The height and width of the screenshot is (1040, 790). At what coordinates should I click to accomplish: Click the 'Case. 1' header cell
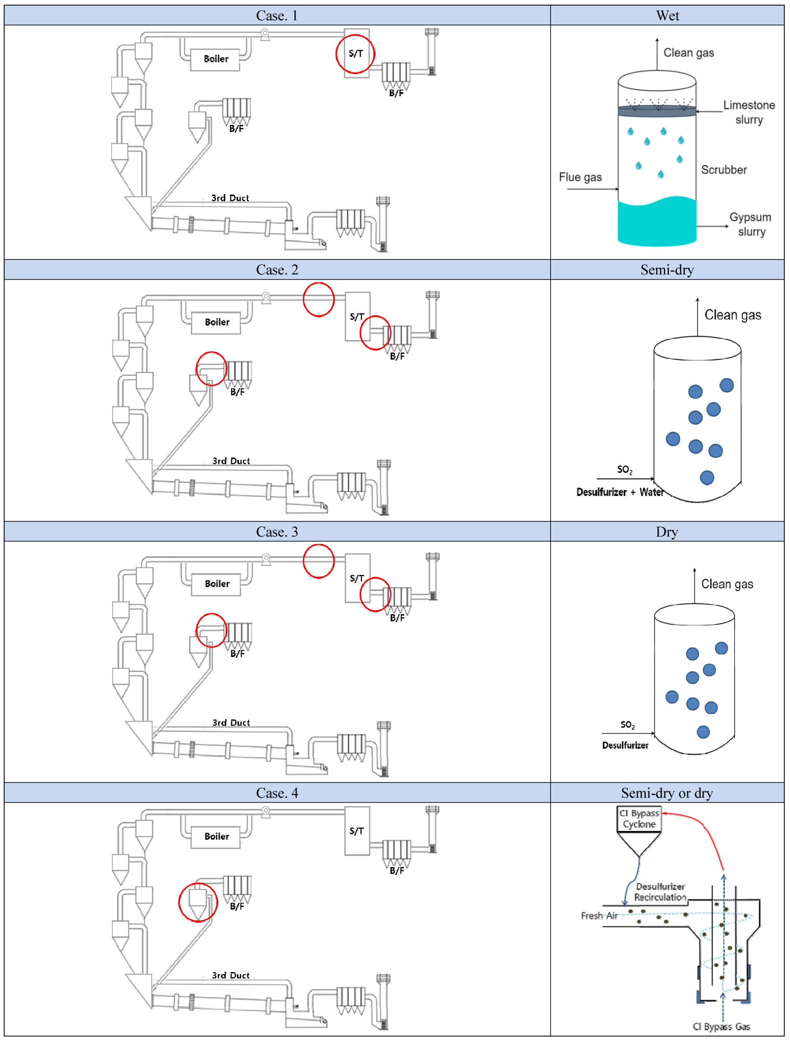click(x=277, y=15)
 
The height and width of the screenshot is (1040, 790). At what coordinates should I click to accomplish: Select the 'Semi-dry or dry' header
click(x=667, y=793)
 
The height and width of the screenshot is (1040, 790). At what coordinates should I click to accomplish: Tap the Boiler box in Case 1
click(x=216, y=59)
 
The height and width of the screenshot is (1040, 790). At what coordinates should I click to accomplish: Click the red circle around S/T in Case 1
click(x=355, y=54)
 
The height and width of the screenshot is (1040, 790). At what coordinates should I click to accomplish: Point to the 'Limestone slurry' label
click(x=749, y=112)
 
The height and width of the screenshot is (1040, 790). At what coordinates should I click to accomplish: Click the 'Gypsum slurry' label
click(x=750, y=224)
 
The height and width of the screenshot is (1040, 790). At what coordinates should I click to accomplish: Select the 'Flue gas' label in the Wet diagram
click(x=580, y=177)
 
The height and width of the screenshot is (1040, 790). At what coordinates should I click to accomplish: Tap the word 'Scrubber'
click(x=724, y=170)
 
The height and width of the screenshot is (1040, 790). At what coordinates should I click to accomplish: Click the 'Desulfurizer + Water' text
click(x=620, y=492)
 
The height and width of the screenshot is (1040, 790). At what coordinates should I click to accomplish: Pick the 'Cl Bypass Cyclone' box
click(x=639, y=819)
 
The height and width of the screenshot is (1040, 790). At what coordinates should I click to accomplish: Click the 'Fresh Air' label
click(x=599, y=916)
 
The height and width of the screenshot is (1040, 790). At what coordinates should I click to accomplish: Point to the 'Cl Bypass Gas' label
click(x=721, y=1026)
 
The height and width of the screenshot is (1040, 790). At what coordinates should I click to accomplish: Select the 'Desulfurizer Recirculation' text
click(x=660, y=892)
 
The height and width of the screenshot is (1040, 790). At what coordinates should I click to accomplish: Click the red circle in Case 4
click(x=198, y=902)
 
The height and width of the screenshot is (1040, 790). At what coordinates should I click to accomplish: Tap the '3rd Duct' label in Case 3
click(x=231, y=722)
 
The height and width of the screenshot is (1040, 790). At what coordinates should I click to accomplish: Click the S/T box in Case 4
click(x=357, y=831)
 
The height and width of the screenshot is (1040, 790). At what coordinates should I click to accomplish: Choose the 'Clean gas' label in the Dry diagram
click(x=727, y=584)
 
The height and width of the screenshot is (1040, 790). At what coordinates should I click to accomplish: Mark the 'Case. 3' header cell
click(x=277, y=532)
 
